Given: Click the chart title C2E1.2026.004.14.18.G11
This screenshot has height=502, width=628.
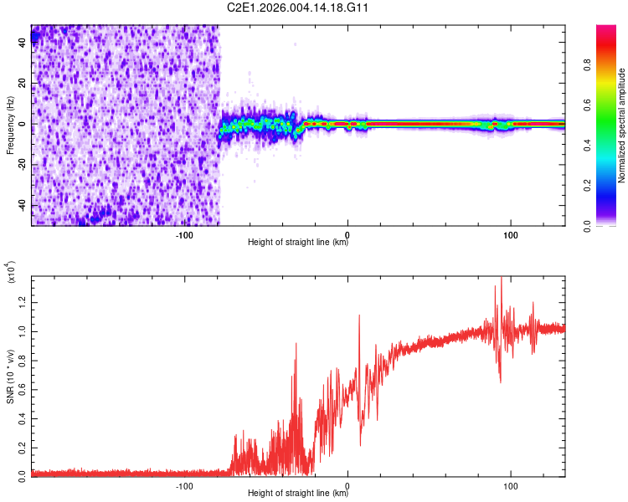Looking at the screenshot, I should click(298, 8).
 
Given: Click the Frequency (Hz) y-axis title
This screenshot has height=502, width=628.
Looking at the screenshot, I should click(9, 125).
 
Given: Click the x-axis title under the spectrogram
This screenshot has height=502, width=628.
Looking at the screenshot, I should click(298, 243).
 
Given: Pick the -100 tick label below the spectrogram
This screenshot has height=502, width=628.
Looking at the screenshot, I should click(184, 234).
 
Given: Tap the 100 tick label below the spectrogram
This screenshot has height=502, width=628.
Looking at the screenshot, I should click(510, 234).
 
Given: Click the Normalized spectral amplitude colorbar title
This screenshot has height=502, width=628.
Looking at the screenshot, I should click(621, 125).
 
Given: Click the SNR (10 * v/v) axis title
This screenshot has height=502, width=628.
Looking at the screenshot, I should click(9, 376).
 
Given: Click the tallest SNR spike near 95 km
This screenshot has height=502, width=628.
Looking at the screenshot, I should click(501, 279).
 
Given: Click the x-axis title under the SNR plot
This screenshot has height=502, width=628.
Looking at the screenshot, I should click(298, 494).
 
